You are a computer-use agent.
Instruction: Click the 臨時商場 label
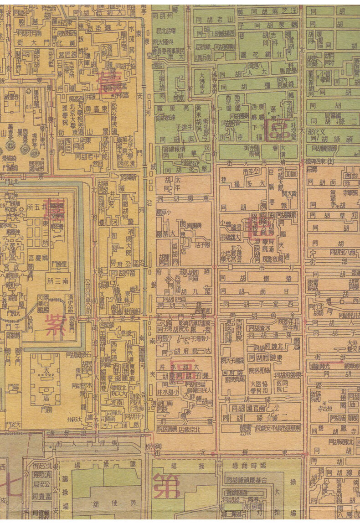[250, 466]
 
